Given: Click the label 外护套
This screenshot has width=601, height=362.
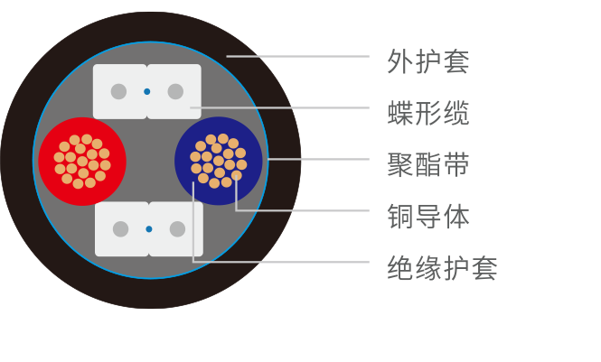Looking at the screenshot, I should point(427,62).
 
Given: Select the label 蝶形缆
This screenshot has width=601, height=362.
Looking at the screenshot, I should point(427,114).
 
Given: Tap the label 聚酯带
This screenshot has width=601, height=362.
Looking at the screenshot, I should point(427,165).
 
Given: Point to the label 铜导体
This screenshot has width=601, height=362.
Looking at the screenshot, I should point(427,217).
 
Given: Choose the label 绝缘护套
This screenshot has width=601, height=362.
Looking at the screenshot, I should point(441,268).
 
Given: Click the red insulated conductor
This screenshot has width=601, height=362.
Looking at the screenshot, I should point(82,162).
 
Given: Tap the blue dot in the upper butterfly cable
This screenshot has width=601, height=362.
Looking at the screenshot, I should point(146,91).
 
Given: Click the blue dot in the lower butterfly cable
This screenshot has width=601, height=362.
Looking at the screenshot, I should point(149,229).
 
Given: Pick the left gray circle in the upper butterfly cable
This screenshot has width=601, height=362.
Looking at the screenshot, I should point(118,91).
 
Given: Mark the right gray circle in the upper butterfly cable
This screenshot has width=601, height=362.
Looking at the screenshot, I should point(175,91).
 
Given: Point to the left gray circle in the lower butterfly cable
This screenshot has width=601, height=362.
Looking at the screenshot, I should point(120,229).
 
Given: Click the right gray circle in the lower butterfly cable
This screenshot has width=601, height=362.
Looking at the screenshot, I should point(177,229).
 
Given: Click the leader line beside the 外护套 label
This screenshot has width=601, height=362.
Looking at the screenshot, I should point(298,56).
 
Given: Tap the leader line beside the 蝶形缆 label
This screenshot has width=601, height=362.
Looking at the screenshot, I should point(280,107).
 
